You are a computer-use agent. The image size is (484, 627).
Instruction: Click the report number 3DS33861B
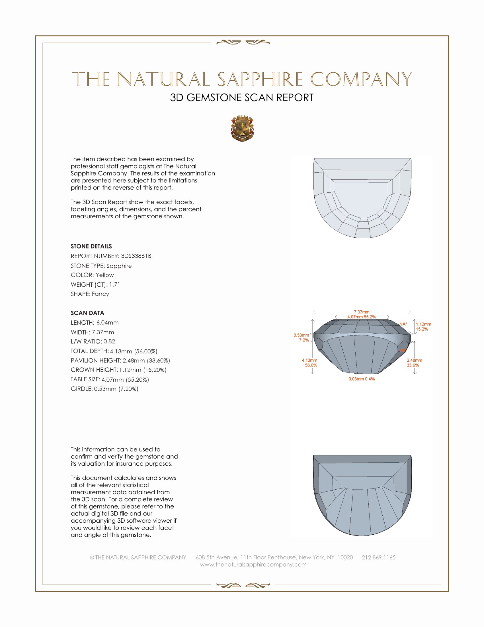136,256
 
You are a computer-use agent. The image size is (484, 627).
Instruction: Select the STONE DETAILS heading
91,246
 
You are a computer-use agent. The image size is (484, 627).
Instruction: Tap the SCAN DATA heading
87,313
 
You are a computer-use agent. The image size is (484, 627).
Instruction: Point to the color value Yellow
105,275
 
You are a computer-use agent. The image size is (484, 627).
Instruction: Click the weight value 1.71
115,284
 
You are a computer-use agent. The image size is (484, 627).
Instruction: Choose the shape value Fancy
100,294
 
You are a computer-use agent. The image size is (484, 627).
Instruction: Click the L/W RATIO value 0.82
109,341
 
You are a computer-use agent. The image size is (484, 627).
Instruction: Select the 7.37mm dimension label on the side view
362,312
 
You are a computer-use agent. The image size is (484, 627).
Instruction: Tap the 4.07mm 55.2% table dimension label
362,317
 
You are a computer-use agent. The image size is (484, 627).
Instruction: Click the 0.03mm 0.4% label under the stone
362,379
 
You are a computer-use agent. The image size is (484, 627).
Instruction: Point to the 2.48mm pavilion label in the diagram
414,360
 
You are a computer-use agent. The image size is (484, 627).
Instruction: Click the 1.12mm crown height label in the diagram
424,324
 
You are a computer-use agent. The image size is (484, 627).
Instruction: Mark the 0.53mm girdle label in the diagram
301,335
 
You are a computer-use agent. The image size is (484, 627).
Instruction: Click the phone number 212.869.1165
378,557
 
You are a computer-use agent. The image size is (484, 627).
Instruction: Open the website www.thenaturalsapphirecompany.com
253,564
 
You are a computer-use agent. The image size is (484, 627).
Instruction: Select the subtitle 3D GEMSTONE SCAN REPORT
242,97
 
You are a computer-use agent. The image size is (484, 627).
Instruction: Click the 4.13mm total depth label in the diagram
309,360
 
